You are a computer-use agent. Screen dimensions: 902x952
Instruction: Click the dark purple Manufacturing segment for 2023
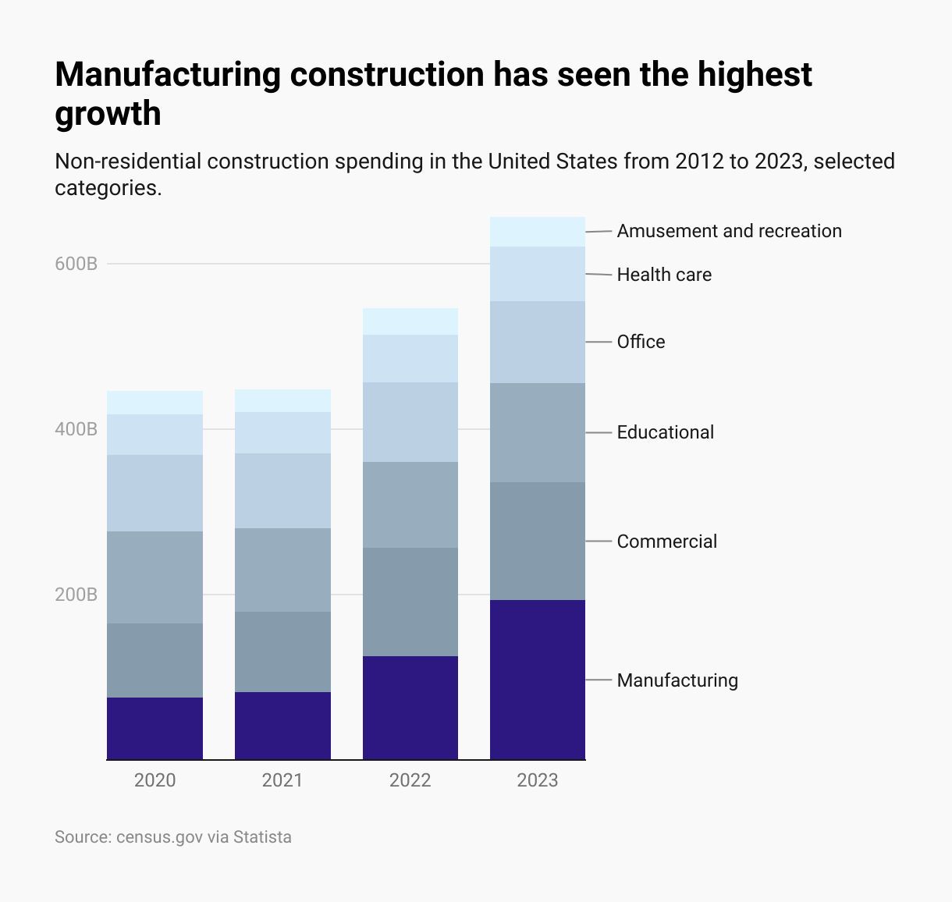point(538,680)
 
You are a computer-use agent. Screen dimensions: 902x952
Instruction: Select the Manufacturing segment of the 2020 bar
point(155,728)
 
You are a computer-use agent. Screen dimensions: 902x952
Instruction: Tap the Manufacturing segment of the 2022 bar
point(410,708)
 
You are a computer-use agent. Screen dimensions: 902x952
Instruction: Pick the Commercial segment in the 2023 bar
point(538,541)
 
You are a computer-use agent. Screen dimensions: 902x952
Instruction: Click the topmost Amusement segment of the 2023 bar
point(538,232)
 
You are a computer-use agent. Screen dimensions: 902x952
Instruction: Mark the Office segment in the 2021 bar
point(282,491)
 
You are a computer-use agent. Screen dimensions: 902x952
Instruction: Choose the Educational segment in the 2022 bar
point(410,504)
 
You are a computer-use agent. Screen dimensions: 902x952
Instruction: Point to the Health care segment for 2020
point(155,435)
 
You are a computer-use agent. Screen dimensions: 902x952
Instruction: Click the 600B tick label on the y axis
point(76,264)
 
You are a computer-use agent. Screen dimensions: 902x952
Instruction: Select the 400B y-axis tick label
point(76,429)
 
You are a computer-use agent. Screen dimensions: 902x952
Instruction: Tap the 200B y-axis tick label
point(76,595)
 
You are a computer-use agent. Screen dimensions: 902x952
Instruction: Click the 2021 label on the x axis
point(282,780)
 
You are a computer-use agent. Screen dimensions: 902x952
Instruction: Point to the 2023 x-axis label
point(538,780)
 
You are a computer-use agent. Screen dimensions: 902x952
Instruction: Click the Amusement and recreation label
point(729,231)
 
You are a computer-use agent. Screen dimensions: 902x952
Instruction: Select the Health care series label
point(664,275)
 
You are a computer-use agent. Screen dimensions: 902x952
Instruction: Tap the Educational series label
point(665,432)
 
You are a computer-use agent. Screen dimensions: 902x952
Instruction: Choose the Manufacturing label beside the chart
point(677,680)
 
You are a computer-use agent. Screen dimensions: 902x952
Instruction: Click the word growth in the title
point(108,114)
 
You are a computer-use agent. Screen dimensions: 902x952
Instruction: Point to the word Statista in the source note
point(262,837)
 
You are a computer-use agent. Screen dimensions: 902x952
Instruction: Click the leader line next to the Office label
point(599,342)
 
